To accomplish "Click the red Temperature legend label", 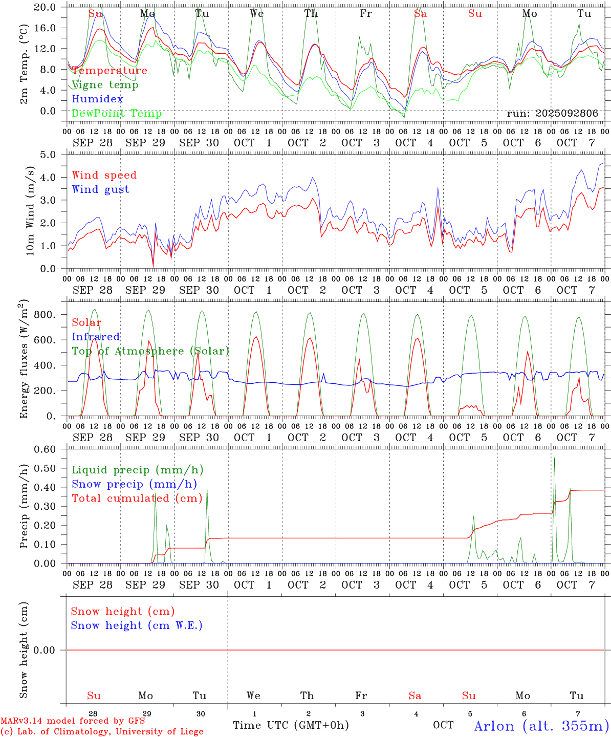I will [x=110, y=71].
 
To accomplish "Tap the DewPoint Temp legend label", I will [x=117, y=114].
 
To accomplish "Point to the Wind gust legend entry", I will [x=100, y=189].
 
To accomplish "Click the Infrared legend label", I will [x=96, y=337].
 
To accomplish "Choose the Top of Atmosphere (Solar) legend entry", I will [x=150, y=351].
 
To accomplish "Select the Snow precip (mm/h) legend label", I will [x=134, y=484].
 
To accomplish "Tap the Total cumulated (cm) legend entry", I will [x=137, y=498].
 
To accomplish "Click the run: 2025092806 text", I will [x=552, y=114].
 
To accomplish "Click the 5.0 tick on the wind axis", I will [x=48, y=154].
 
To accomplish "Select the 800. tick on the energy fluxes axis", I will [x=45, y=315].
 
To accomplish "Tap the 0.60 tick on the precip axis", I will [x=45, y=449].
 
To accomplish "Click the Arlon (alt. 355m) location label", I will [x=541, y=726].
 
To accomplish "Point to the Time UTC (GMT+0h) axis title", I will [x=291, y=725].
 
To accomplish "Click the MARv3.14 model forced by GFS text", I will [x=72, y=721].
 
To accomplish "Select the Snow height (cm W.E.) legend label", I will [x=136, y=625].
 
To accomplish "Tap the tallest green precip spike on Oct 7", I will [x=554, y=459].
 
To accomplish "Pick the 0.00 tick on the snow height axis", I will [x=44, y=650].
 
